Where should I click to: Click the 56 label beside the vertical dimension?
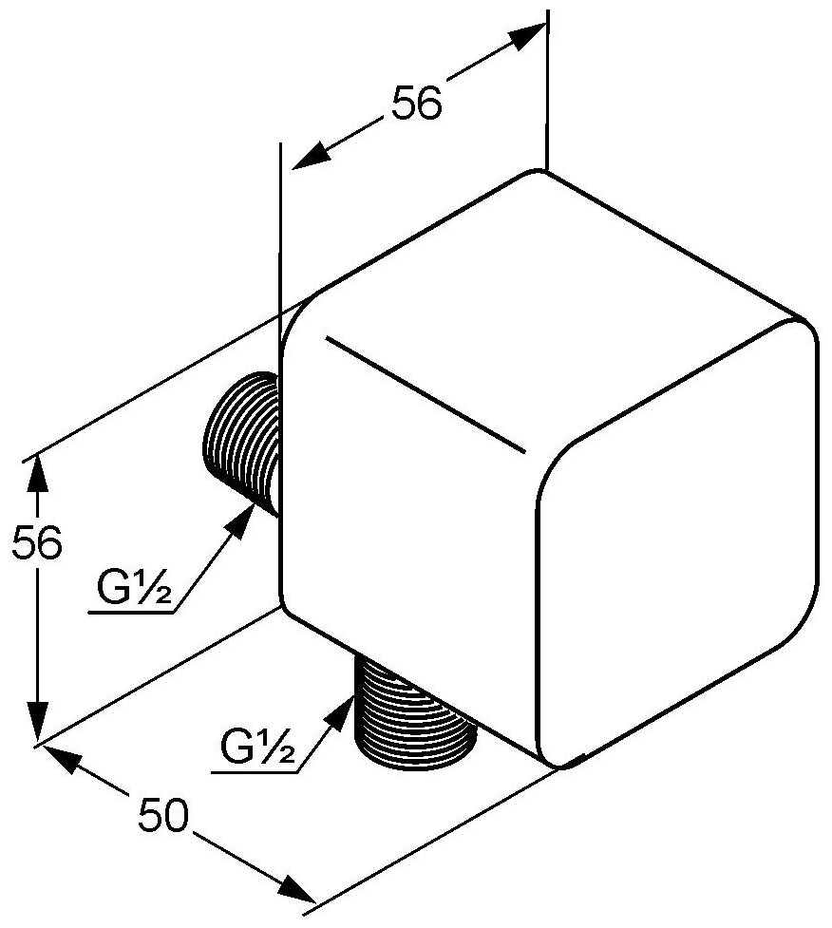click(x=35, y=543)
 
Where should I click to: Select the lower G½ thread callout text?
click(x=255, y=748)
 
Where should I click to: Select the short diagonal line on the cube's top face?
click(x=425, y=391)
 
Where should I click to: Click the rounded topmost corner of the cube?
click(x=539, y=175)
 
